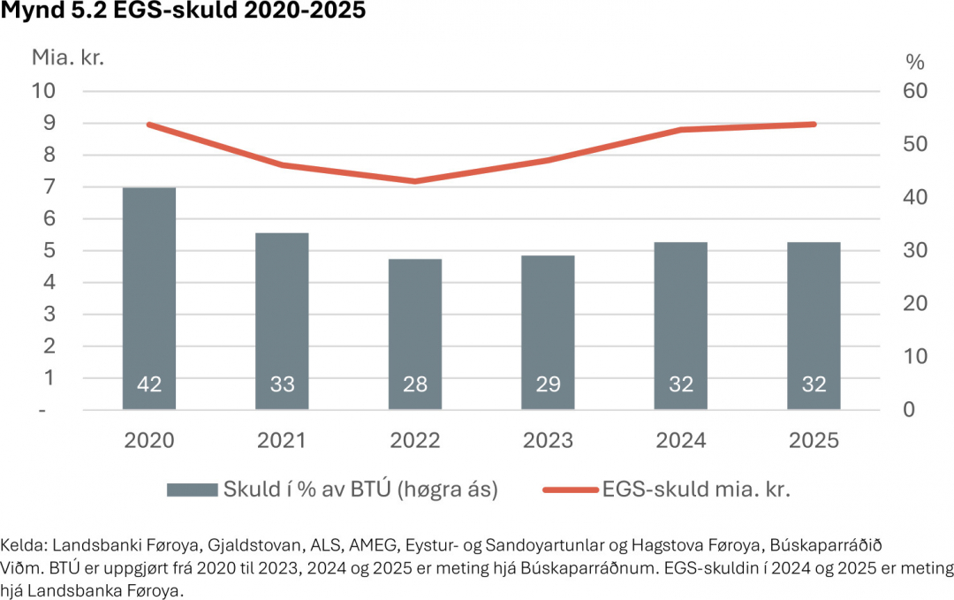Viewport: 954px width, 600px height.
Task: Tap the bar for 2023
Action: click(x=548, y=332)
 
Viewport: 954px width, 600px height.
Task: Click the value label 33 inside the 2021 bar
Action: click(x=282, y=384)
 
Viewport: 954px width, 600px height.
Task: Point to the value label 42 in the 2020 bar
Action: click(x=148, y=384)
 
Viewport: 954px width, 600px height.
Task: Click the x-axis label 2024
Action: click(x=681, y=440)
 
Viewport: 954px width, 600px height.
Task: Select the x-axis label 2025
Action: click(x=814, y=440)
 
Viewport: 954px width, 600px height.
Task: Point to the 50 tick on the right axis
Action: click(x=913, y=144)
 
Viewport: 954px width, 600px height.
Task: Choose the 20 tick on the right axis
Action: click(x=913, y=303)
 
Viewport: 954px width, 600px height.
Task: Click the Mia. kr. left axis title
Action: click(x=69, y=58)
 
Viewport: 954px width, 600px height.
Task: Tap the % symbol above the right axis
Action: click(x=914, y=62)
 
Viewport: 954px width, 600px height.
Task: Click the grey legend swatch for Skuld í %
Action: click(x=192, y=490)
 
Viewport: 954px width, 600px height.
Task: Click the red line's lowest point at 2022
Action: click(x=414, y=181)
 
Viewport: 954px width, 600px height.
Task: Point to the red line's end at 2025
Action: click(x=814, y=125)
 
